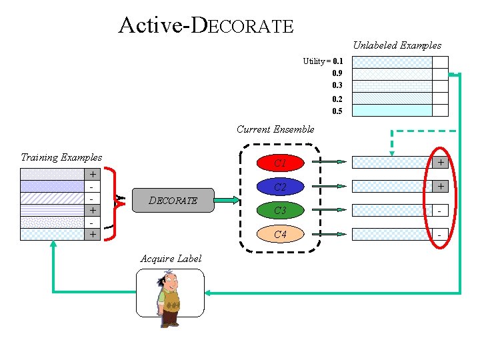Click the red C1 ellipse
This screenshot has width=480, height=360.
pos(281,163)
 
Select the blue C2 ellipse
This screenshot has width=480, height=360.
pos(281,187)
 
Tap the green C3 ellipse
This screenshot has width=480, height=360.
pos(281,210)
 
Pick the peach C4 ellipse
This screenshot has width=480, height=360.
pos(281,234)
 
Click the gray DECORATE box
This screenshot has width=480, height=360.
pos(173,200)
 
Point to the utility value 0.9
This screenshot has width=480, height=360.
pos(337,73)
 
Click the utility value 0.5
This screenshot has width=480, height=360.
pos(337,111)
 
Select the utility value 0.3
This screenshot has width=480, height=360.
pos(337,85)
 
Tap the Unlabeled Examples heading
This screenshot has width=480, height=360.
pos(397,45)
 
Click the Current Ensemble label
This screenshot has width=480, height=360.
pos(275,129)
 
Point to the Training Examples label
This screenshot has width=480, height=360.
pos(61,157)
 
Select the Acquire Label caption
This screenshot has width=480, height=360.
pos(171,259)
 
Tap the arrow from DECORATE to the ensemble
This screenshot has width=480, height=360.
pos(227,200)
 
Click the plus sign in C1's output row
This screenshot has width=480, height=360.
pos(441,162)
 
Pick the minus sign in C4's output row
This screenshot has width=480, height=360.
pos(439,235)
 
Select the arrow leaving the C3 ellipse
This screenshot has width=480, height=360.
pos(329,210)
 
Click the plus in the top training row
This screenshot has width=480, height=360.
pos(93,174)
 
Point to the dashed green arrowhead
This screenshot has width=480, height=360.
pos(392,153)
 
